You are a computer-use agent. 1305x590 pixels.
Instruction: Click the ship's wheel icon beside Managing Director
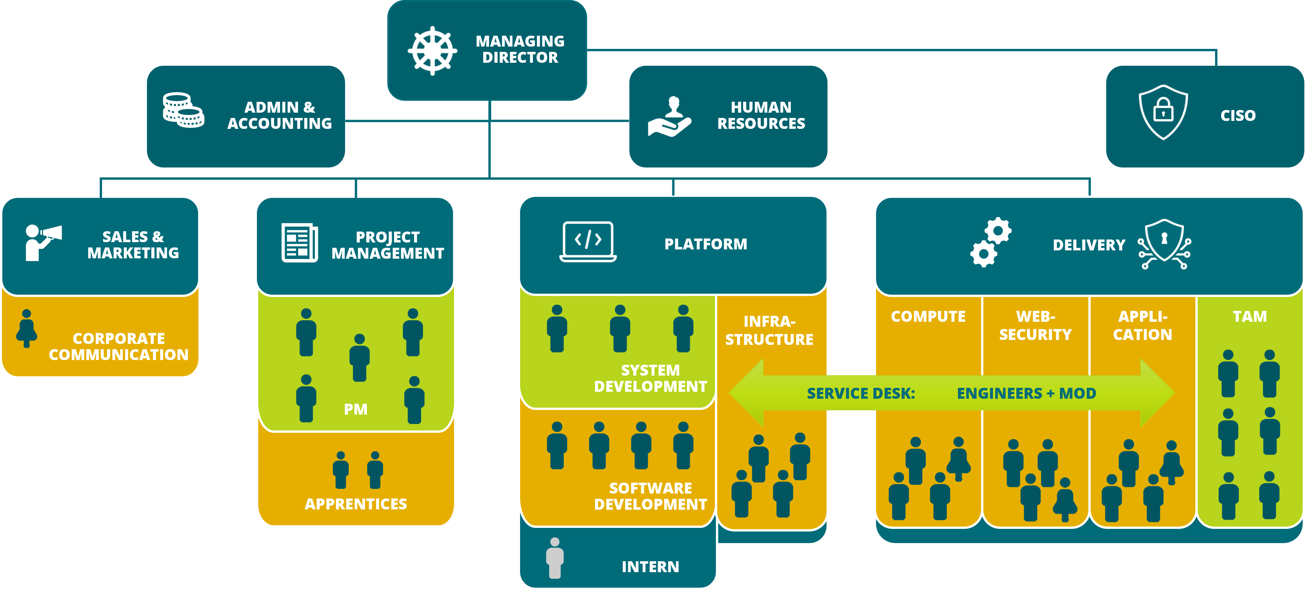point(432,51)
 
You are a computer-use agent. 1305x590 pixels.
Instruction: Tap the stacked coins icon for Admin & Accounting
point(183,110)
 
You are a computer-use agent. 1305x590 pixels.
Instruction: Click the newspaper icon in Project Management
point(300,243)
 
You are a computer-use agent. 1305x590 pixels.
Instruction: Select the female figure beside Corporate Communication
point(26,328)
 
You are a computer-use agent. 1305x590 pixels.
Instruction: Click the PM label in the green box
point(356,409)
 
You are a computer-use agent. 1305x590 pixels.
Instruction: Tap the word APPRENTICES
point(356,504)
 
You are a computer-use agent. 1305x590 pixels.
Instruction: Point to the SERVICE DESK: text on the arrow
point(861,393)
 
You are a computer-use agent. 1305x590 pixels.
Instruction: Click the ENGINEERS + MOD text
point(1026,393)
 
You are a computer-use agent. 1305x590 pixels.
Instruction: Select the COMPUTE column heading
point(928,316)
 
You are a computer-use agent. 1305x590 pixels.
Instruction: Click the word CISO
point(1238,116)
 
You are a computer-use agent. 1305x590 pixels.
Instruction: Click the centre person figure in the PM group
point(359,358)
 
